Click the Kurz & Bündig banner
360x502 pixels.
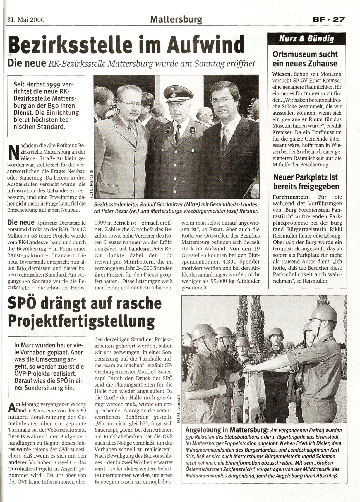[306, 38]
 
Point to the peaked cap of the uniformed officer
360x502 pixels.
[175, 92]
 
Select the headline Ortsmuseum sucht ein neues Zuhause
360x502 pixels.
[306, 59]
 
